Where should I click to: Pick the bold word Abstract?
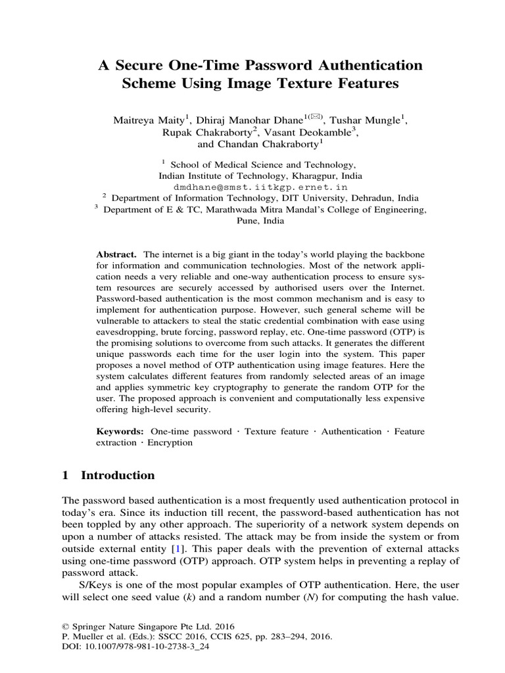pyautogui.click(x=116, y=254)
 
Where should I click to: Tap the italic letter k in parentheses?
pyautogui.click(x=208, y=595)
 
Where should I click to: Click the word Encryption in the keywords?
pyautogui.click(x=170, y=442)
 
